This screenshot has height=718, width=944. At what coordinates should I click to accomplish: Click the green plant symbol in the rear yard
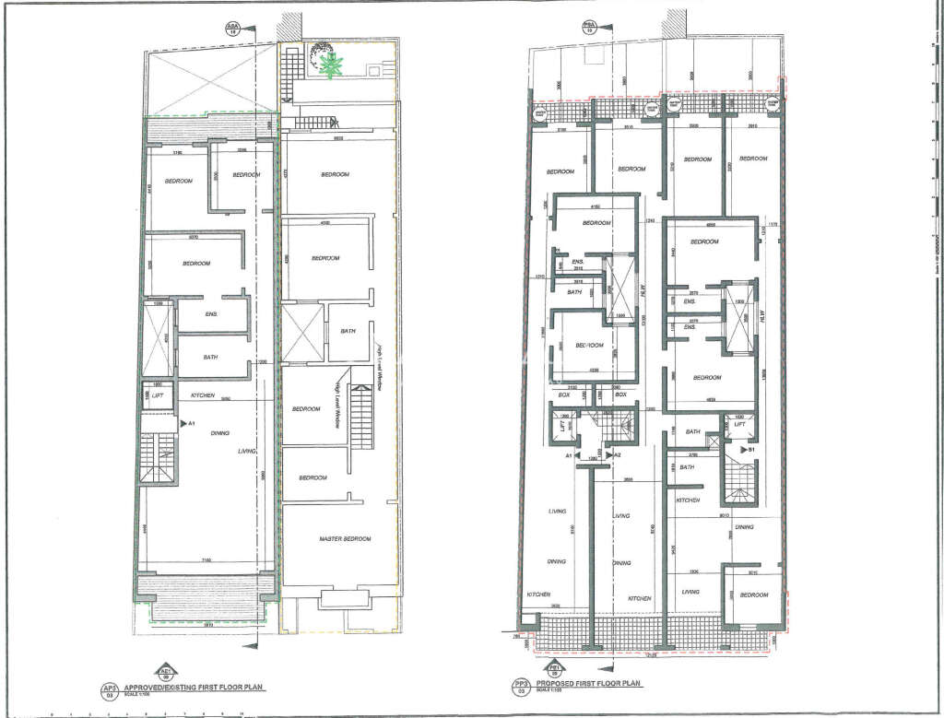click(x=332, y=64)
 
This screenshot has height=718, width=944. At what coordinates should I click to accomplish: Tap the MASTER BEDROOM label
click(x=345, y=539)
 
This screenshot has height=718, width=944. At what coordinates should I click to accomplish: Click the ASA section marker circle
click(x=231, y=29)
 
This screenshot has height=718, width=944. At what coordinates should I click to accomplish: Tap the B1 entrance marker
click(x=751, y=450)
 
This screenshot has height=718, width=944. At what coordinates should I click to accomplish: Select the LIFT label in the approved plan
click(x=158, y=395)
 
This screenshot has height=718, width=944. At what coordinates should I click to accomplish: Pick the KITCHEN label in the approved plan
click(x=202, y=395)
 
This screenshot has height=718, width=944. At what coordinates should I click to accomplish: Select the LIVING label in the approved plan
click(x=246, y=452)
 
